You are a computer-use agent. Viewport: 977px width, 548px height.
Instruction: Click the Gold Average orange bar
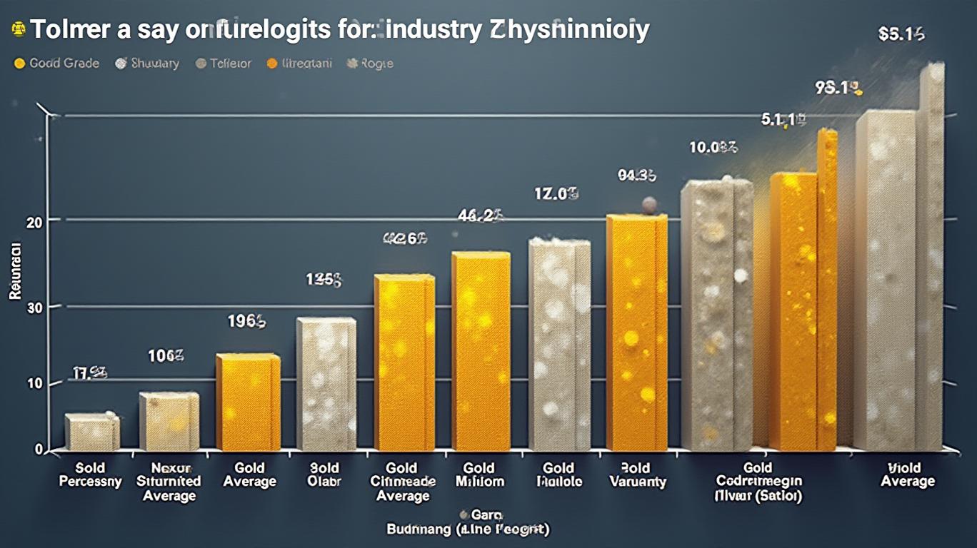click(247, 402)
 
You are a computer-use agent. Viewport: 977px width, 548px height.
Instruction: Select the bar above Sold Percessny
click(91, 432)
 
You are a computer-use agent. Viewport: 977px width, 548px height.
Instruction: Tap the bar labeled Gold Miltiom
click(481, 351)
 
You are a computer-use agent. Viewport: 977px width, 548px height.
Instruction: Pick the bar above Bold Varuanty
click(636, 333)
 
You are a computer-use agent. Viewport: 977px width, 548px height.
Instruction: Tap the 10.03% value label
click(713, 148)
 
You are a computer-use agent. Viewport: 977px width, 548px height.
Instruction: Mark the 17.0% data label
click(556, 193)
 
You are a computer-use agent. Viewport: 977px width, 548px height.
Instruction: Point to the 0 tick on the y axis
click(38, 450)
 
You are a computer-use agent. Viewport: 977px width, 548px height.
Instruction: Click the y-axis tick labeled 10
click(34, 383)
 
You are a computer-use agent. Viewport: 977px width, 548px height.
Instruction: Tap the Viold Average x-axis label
click(908, 475)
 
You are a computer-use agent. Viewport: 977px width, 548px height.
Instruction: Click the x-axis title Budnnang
click(417, 529)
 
